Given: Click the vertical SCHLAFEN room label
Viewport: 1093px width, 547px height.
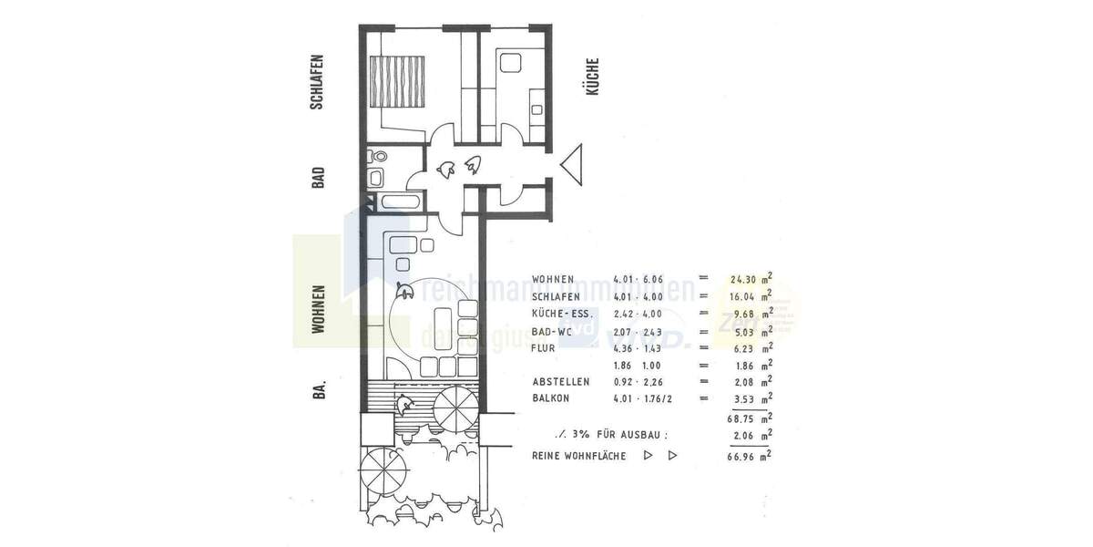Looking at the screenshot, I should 318,82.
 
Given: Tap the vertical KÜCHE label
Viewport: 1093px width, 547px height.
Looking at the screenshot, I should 593,78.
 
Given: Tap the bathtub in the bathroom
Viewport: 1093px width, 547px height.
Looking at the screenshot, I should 397,201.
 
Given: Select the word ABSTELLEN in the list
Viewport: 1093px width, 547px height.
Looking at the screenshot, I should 561,381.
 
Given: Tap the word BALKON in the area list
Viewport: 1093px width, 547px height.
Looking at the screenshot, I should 553,397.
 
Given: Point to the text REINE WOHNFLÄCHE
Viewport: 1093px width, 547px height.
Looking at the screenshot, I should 579,455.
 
